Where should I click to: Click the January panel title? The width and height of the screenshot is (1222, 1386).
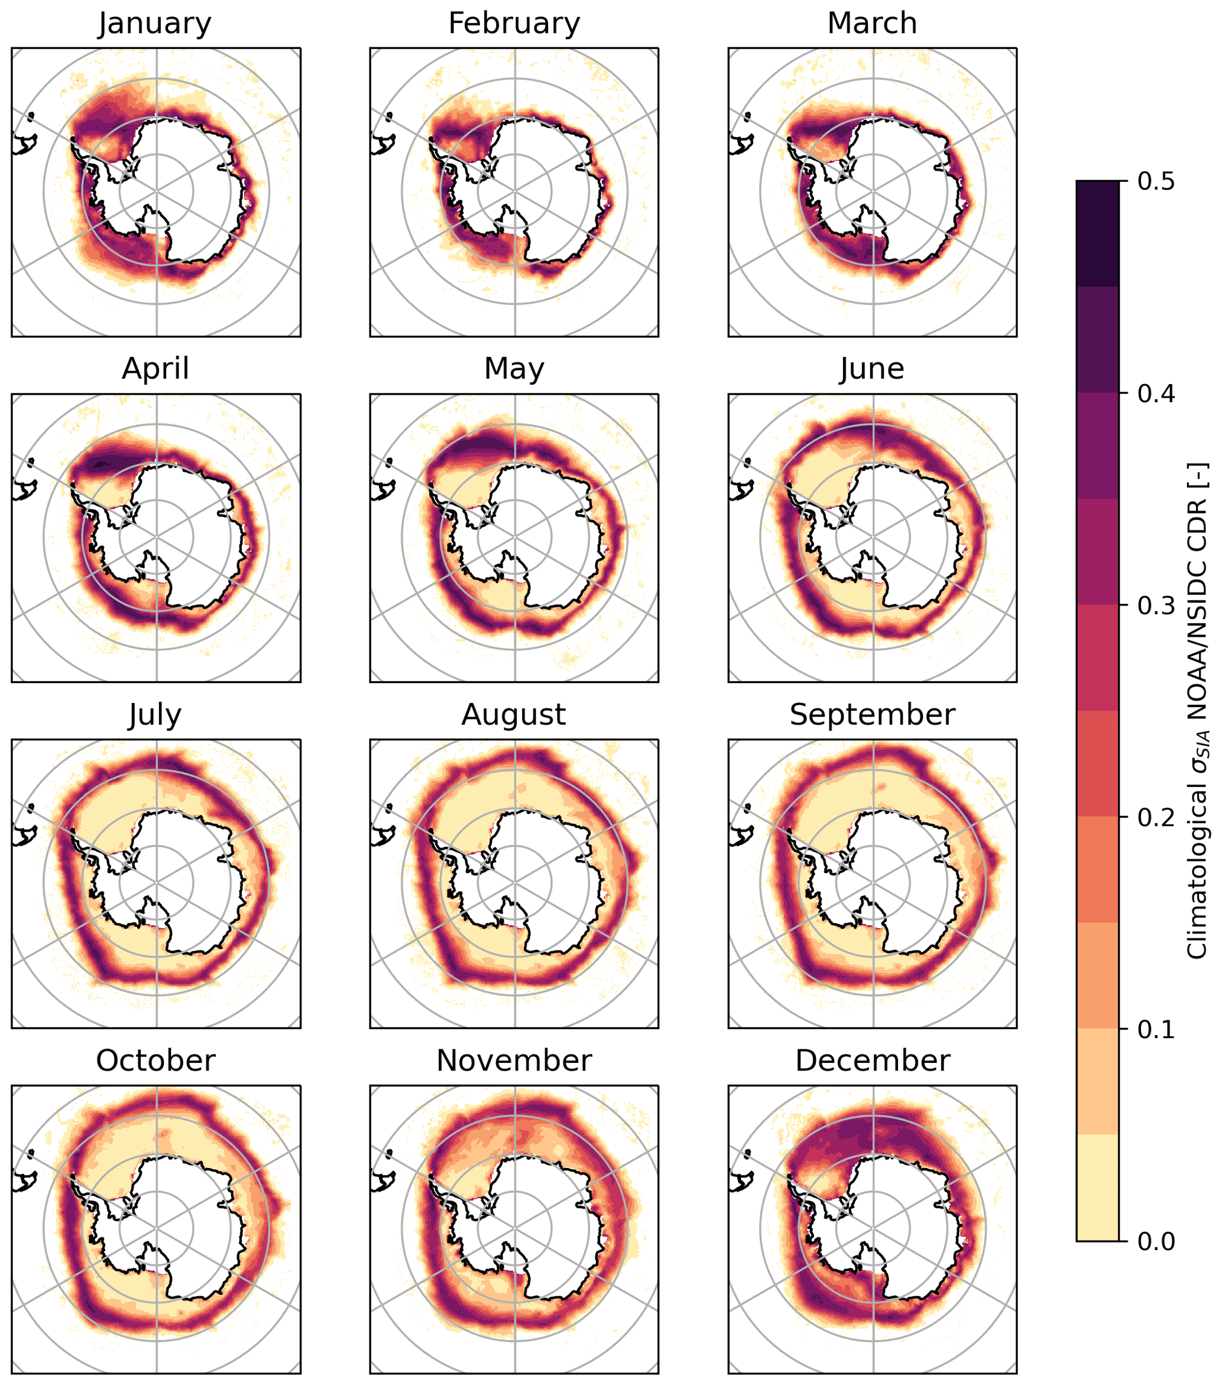[155, 23]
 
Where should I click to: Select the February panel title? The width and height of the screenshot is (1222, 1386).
[514, 23]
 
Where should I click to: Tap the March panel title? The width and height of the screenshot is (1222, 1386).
[872, 23]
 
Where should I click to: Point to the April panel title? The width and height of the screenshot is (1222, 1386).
[155, 369]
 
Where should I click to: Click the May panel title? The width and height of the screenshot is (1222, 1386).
[514, 369]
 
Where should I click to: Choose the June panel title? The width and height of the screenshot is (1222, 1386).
[872, 369]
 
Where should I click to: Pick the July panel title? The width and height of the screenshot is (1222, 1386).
[155, 715]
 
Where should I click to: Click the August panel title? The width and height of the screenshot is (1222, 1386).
[514, 715]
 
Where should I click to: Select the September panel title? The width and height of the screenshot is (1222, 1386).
[872, 715]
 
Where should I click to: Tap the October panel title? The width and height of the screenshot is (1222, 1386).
[155, 1060]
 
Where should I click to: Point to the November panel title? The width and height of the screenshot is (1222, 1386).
[514, 1060]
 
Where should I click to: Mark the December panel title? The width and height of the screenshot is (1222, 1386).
[872, 1060]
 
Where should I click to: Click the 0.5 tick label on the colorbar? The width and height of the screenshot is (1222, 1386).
[1156, 182]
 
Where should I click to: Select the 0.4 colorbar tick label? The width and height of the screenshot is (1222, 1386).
[1156, 393]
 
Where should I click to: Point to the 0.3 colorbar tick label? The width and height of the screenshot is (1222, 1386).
[1156, 605]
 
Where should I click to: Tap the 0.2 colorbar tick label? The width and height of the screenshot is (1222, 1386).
[1156, 817]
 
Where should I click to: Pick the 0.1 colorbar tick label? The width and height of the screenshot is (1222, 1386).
[1156, 1029]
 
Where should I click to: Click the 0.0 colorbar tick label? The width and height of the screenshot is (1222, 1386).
[1156, 1241]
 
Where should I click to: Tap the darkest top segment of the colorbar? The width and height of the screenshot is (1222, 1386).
[1097, 233]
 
